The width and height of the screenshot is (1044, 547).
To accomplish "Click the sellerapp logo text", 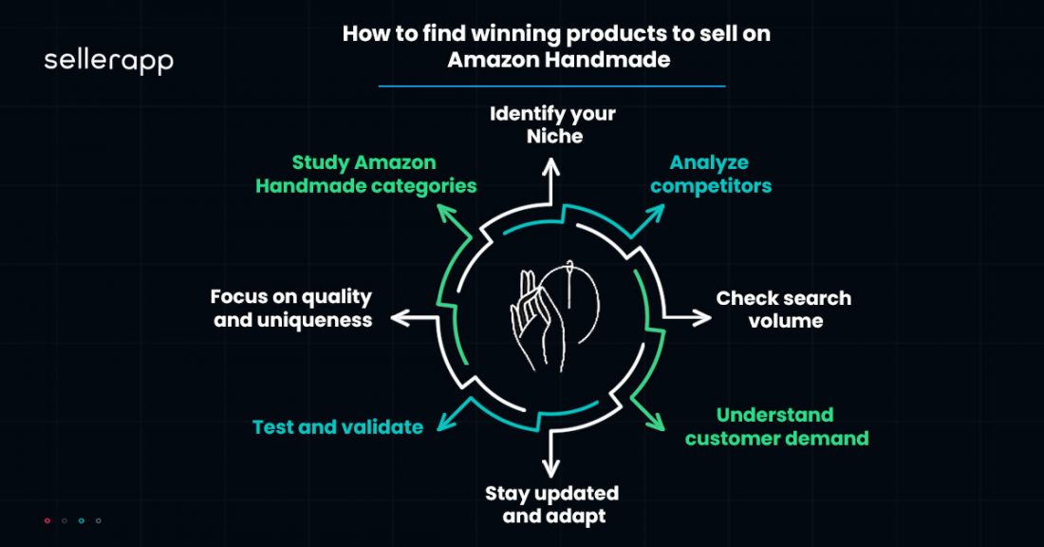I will pos(108,63).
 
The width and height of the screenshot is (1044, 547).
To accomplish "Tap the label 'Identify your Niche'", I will pos(552,124).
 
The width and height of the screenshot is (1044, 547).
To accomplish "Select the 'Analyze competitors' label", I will pos(711,174).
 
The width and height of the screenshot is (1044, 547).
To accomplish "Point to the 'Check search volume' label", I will pos(784,309).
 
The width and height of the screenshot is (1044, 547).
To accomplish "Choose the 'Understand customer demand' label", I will pos(776,426).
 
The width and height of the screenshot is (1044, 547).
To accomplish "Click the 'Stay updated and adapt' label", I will pos(551,504).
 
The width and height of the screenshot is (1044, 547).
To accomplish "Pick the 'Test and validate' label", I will pos(338,427).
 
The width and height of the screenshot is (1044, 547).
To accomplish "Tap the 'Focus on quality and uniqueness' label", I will pos(291,309).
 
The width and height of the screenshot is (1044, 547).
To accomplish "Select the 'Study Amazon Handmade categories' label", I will pos(366,174).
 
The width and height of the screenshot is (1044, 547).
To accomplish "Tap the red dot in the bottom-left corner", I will pos(47,520).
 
